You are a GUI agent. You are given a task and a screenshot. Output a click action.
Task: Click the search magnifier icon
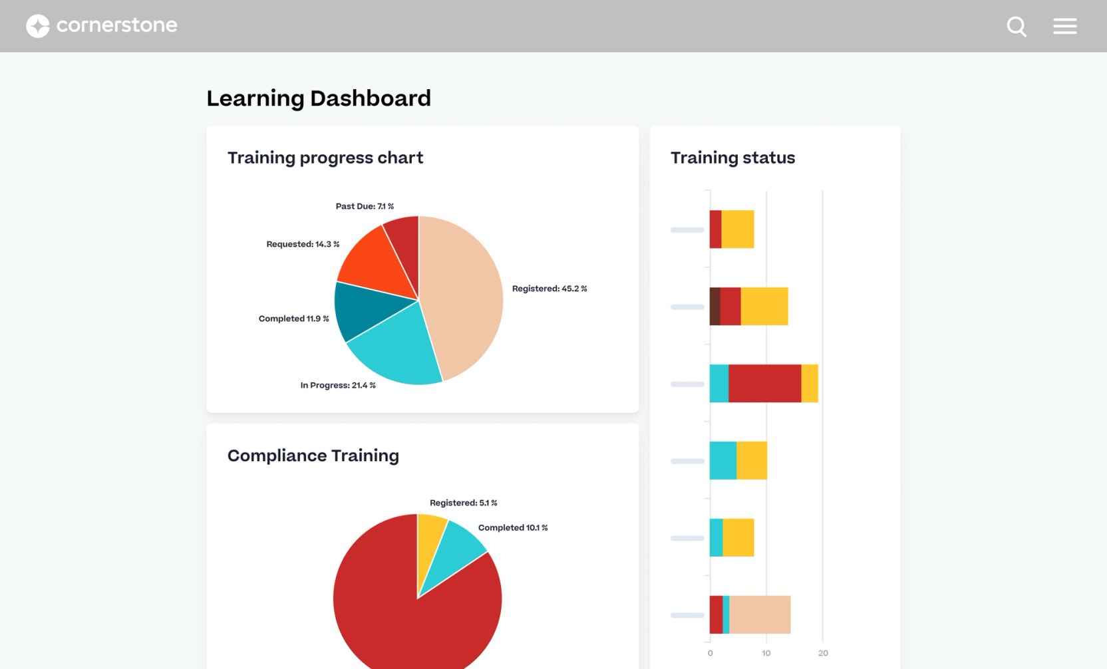[x=1016, y=27]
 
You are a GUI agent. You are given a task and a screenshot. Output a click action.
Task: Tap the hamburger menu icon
[x=1064, y=26]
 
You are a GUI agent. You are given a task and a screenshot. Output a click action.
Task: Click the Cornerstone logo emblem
[x=38, y=26]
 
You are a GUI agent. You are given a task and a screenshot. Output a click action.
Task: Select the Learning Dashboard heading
[x=318, y=98]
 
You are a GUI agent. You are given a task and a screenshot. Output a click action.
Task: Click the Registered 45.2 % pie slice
[x=466, y=293]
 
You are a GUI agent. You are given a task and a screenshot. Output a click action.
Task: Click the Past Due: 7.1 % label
[x=364, y=206]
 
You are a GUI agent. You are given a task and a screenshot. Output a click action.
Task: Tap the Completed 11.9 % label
[x=293, y=319]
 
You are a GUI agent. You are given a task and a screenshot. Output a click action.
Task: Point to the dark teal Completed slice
[x=363, y=309]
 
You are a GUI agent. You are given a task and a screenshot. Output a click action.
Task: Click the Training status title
[x=732, y=158]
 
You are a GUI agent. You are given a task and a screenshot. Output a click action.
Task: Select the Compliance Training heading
[x=313, y=456]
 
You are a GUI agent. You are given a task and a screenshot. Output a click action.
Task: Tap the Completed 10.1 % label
[x=512, y=527]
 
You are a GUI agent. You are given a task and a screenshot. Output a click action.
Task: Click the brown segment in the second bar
[x=714, y=307]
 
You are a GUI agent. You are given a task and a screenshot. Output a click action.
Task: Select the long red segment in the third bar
[x=764, y=384]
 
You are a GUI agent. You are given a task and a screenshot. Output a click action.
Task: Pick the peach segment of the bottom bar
[x=760, y=614]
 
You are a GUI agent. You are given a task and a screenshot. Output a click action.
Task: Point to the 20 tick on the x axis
[x=823, y=653]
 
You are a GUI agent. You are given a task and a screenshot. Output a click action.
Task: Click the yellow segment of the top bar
[x=738, y=229]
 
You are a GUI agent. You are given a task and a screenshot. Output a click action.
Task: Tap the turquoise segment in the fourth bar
[x=722, y=460]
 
